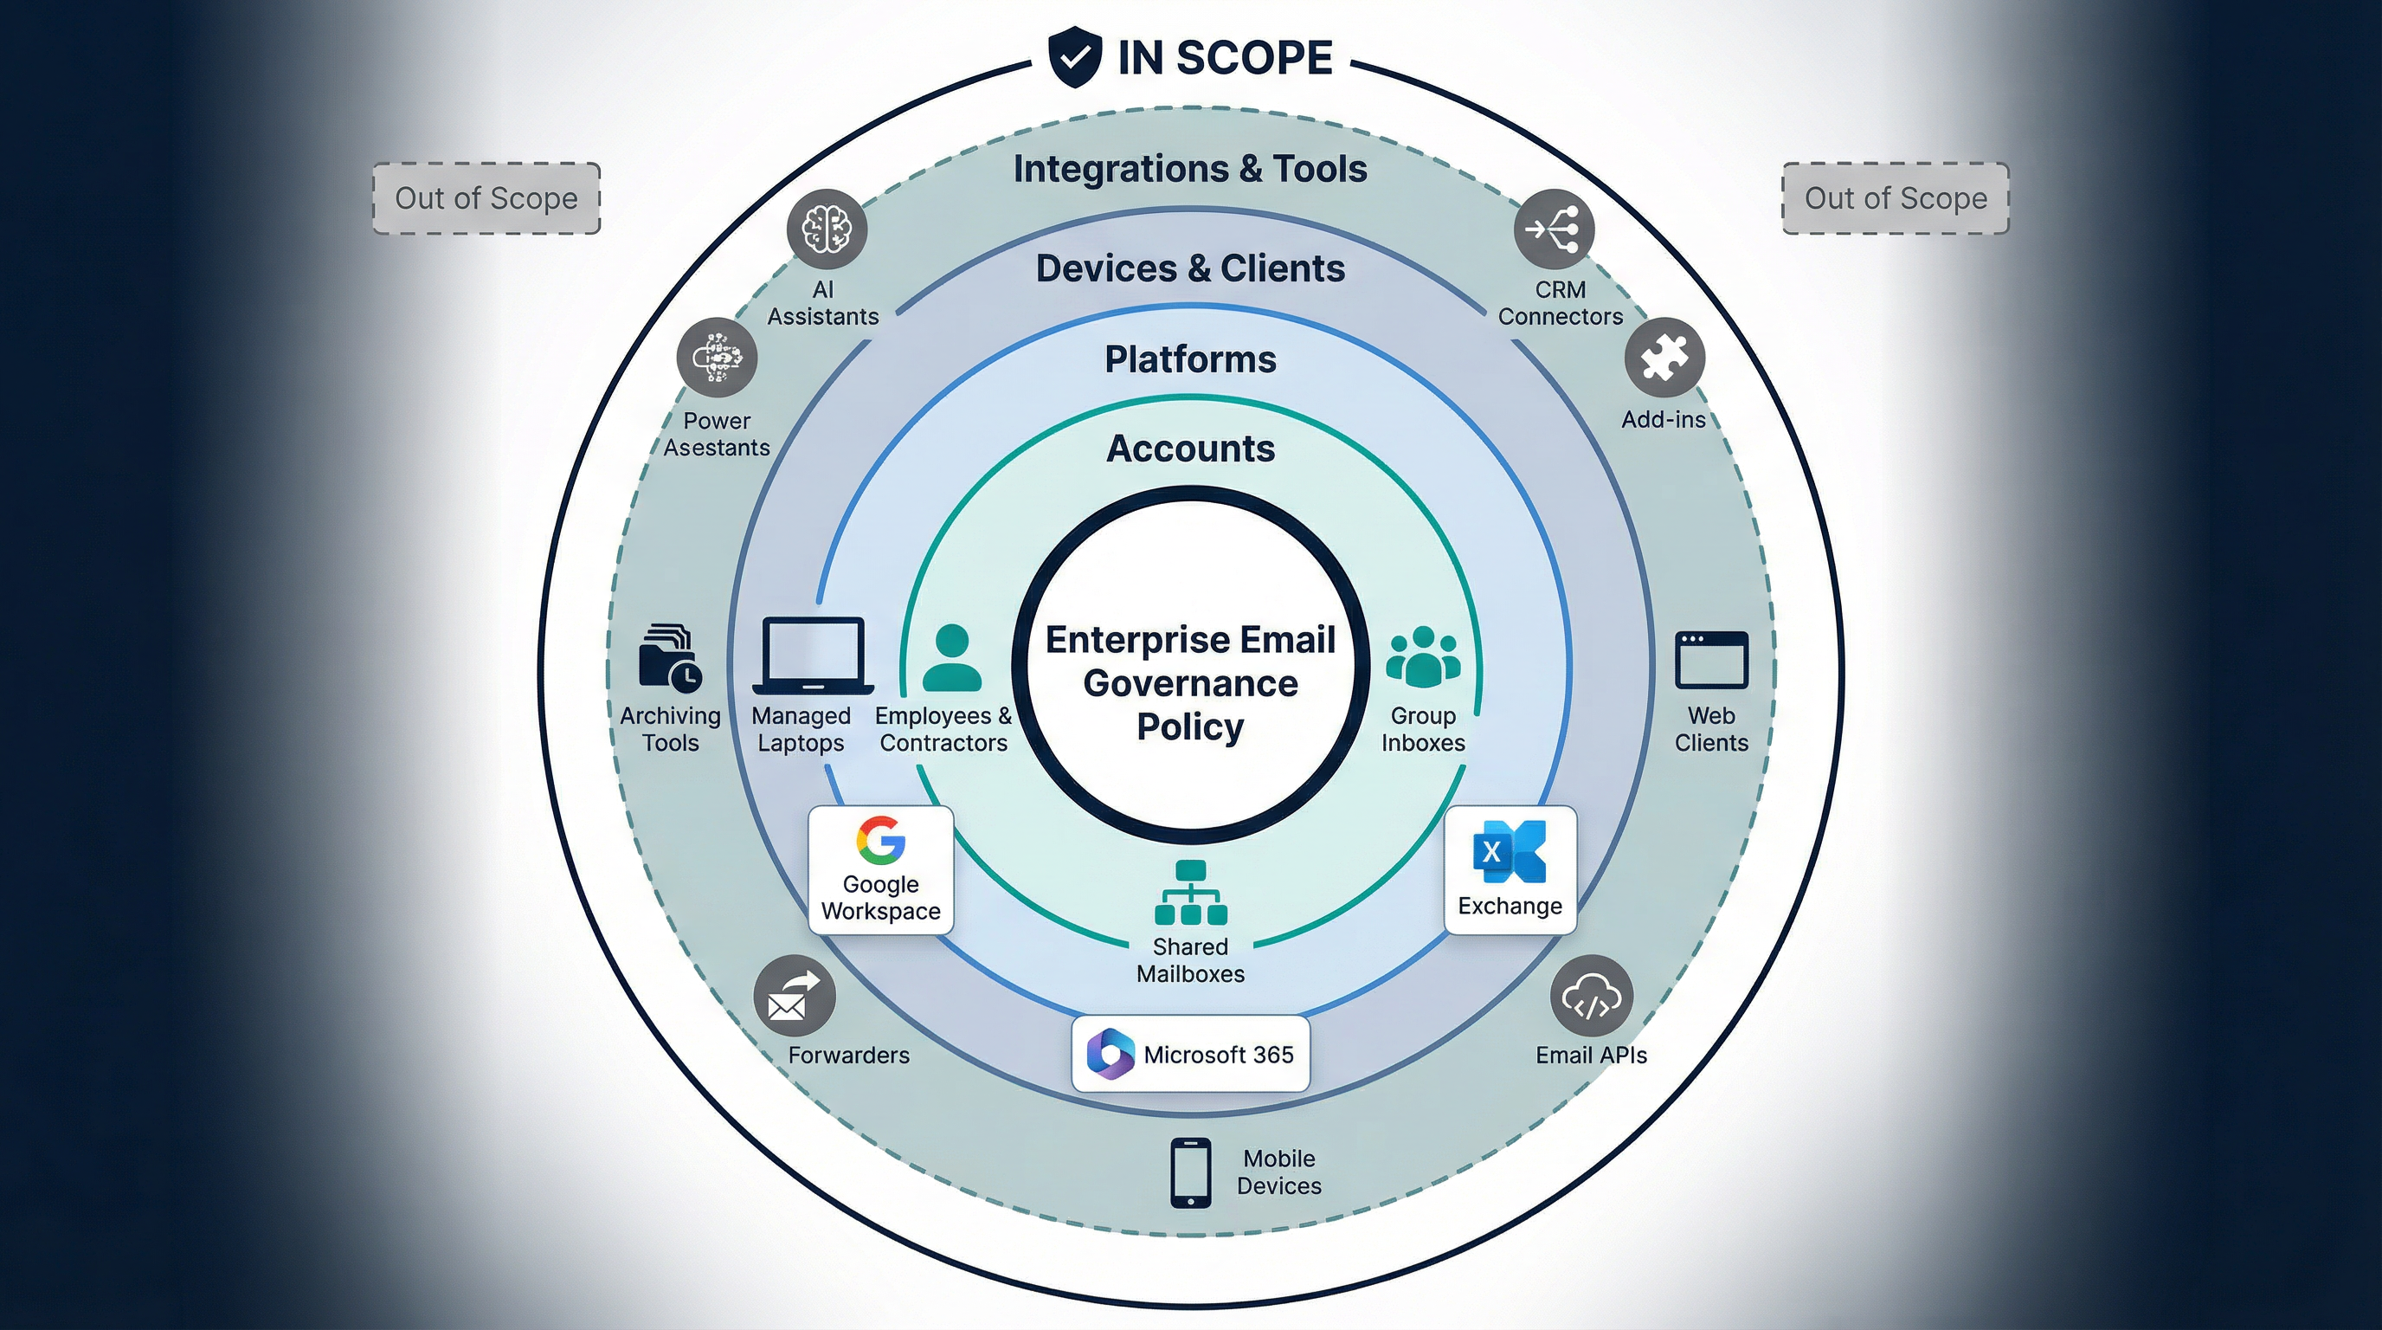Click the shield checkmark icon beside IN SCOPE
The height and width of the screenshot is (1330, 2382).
(1074, 57)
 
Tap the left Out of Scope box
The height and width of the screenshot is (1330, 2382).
(486, 199)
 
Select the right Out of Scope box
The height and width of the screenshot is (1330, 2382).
(1896, 199)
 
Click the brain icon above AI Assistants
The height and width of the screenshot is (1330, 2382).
(827, 229)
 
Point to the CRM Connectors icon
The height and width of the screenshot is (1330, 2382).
(1554, 229)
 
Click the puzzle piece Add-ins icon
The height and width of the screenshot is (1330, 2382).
(1664, 358)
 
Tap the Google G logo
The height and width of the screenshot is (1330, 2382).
(880, 840)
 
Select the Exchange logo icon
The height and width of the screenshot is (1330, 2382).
(1510, 851)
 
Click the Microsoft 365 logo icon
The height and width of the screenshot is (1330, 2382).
(1110, 1054)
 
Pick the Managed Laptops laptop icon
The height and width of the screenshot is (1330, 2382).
(813, 655)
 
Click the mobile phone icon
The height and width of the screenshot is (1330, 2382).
(1190, 1172)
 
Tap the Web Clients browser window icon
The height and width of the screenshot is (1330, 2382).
(1710, 660)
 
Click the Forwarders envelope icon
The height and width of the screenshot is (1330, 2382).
(794, 996)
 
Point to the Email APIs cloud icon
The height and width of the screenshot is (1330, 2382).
(1591, 996)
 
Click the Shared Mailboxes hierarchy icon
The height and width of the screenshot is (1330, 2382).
(1190, 893)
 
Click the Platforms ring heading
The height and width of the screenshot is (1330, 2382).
(1190, 358)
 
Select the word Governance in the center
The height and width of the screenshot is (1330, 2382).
(1190, 683)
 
